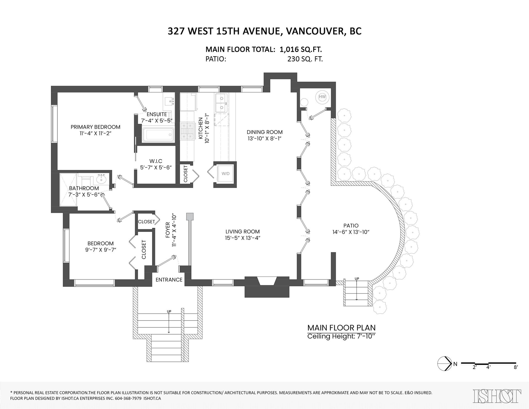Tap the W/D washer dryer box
pos(225,174)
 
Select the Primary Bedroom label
pos(95,127)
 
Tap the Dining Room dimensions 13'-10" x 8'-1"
pos(264,139)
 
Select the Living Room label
pos(242,232)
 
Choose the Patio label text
pos(351,226)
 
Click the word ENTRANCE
pos(169,280)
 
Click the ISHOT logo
pos(497,396)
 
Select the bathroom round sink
pos(102,180)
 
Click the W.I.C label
pos(156,161)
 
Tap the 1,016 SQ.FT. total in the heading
pos(301,50)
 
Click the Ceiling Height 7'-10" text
pos(341,336)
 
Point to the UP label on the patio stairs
pos(357,279)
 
